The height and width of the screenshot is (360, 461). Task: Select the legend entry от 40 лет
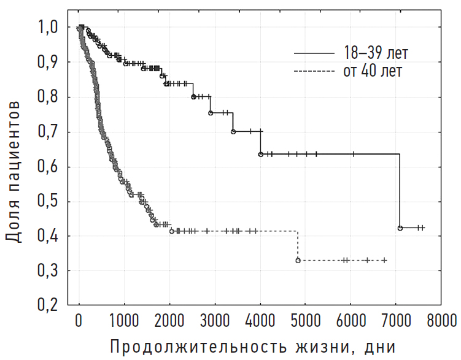[373, 72]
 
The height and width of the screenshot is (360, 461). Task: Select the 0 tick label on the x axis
[79, 321]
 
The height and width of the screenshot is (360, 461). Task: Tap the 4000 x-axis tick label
[260, 321]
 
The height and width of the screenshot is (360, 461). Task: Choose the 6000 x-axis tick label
[351, 321]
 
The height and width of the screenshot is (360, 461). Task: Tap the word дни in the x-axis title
[376, 345]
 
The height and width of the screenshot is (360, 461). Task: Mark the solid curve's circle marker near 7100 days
[400, 228]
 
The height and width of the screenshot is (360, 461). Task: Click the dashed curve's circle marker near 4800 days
[298, 261]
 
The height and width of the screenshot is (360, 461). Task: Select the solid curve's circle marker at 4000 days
[261, 155]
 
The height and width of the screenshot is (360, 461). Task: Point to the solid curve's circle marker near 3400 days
[233, 132]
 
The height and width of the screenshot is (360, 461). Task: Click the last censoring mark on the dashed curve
[384, 261]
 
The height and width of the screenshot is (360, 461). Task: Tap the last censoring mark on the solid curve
[422, 228]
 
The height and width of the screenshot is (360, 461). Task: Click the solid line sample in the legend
[315, 53]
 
